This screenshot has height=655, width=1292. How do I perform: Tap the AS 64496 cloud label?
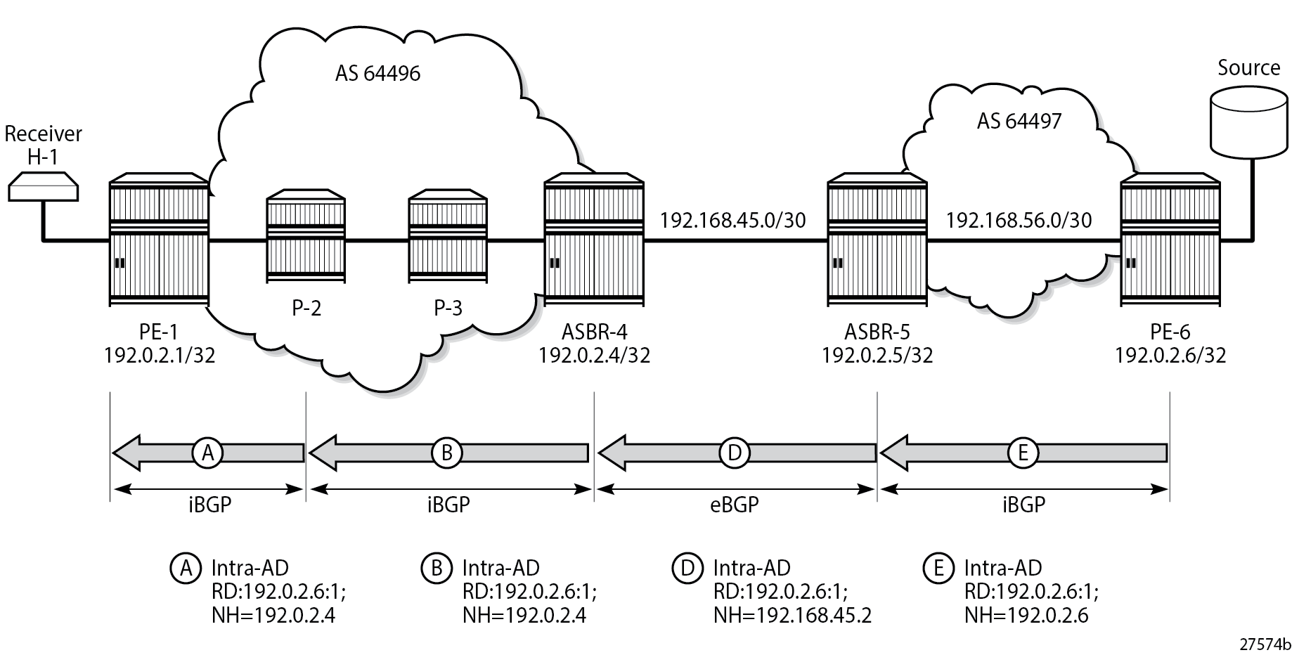pyautogui.click(x=377, y=73)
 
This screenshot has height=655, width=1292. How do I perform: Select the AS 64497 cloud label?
pyautogui.click(x=1019, y=121)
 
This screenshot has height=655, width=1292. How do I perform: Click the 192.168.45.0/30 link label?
pyautogui.click(x=732, y=221)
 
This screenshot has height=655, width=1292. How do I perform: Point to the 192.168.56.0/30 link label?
pyautogui.click(x=1019, y=221)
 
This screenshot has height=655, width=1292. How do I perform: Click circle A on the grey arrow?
pyautogui.click(x=208, y=453)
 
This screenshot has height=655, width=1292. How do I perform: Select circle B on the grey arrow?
pyautogui.click(x=446, y=453)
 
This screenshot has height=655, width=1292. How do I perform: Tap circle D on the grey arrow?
pyautogui.click(x=735, y=453)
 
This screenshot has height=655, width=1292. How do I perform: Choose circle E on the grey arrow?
pyautogui.click(x=1022, y=453)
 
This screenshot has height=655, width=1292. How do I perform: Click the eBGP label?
pyautogui.click(x=735, y=505)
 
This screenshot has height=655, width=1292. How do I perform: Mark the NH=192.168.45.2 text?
pyautogui.click(x=792, y=616)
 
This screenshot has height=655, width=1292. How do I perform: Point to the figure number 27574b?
pyautogui.click(x=1265, y=644)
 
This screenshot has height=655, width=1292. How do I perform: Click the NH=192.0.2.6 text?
pyautogui.click(x=1026, y=616)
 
